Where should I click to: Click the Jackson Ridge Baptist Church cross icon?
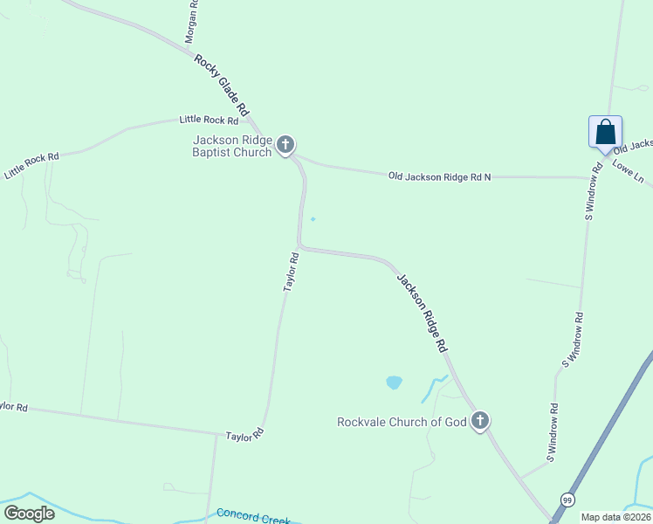tap(285, 145)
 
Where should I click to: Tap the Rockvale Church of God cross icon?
tap(479, 422)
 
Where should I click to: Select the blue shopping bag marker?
tap(605, 133)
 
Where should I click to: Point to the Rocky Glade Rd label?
tap(223, 86)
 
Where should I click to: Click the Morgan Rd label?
tap(192, 22)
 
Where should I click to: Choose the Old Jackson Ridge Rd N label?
tap(439, 176)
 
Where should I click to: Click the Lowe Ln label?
tap(627, 170)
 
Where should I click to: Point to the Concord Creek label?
tap(253, 516)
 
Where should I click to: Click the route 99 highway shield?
tap(567, 500)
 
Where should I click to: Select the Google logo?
tap(29, 513)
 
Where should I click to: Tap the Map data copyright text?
tap(615, 517)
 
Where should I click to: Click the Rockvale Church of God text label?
tap(402, 423)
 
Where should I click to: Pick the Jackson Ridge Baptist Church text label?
tap(232, 146)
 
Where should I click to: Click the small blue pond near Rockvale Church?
tap(394, 383)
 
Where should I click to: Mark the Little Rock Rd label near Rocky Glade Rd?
tap(209, 120)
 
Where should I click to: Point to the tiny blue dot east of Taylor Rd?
tap(313, 219)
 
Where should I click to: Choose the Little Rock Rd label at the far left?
tap(31, 166)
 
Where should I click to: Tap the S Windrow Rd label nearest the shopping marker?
tap(593, 190)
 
